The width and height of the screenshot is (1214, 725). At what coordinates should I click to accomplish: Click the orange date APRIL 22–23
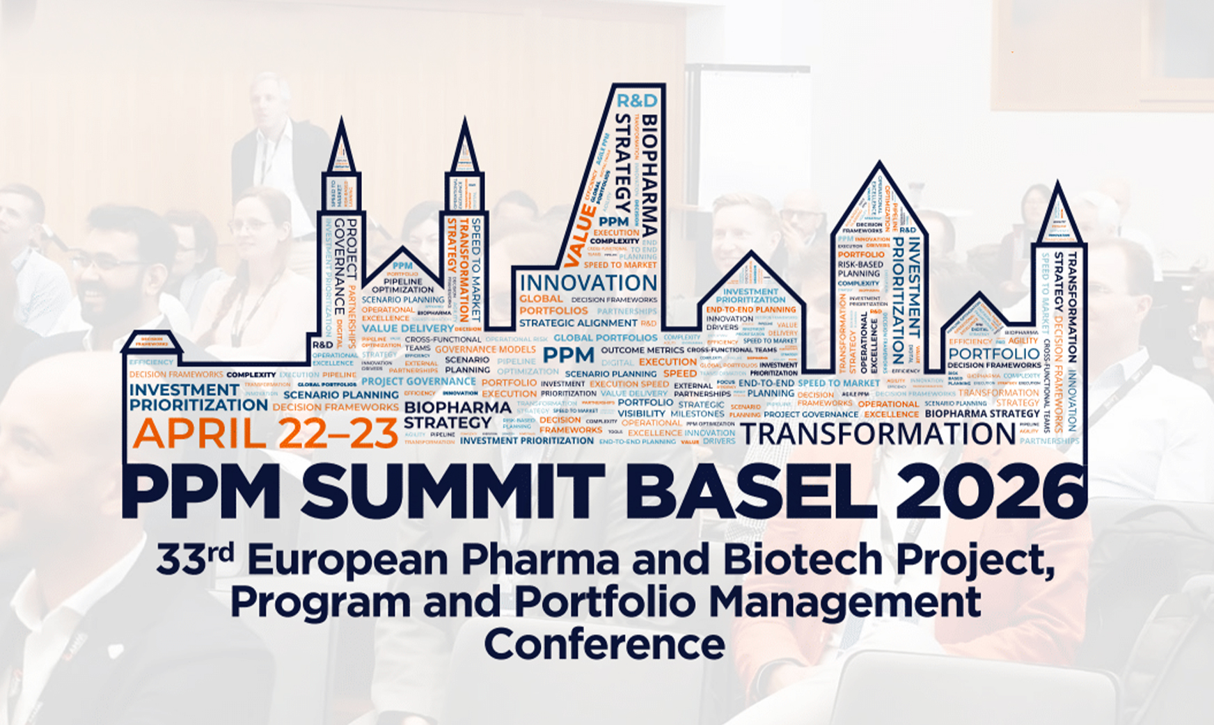point(265,433)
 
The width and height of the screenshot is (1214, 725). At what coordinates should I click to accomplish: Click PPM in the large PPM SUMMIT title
point(202,491)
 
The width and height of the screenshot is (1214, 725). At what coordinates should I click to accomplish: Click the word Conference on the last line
point(604,645)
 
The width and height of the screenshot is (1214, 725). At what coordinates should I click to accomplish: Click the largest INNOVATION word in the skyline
point(588,283)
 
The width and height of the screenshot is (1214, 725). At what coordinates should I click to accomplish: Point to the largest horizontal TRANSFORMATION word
point(877,434)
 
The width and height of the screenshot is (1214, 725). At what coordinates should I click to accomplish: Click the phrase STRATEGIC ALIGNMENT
point(578,323)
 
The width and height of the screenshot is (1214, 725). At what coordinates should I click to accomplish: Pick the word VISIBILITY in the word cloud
point(641,413)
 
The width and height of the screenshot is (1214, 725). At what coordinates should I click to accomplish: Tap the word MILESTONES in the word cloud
point(697,413)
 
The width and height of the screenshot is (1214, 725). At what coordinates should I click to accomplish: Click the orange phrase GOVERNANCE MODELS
point(485,349)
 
